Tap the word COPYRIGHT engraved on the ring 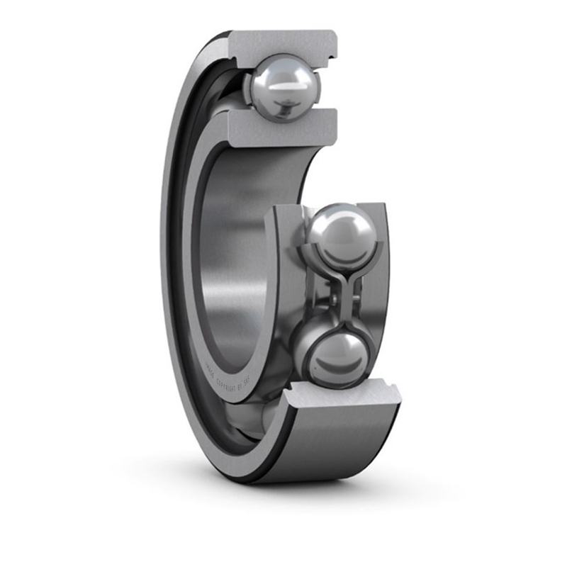229,386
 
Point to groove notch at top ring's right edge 332,49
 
